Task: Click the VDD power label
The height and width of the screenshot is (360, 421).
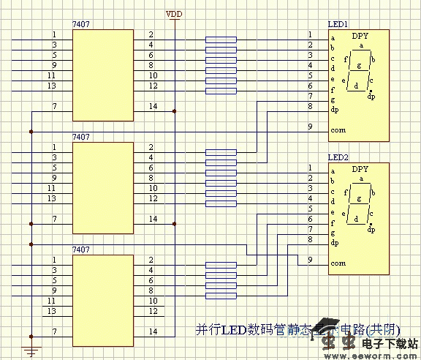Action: pyautogui.click(x=175, y=14)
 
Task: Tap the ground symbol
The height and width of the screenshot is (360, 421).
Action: pyautogui.click(x=30, y=352)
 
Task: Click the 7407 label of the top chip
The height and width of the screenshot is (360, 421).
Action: pyautogui.click(x=80, y=25)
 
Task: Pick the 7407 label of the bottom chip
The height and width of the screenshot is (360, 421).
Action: pyautogui.click(x=80, y=250)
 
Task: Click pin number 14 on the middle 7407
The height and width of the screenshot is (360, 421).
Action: pyautogui.click(x=152, y=219)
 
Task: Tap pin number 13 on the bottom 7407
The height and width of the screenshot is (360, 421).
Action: pyautogui.click(x=52, y=311)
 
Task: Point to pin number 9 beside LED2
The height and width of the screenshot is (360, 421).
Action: pyautogui.click(x=310, y=259)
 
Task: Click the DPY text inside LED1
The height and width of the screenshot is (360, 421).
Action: pyautogui.click(x=360, y=36)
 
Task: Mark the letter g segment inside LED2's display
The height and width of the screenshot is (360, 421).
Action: pyautogui.click(x=360, y=198)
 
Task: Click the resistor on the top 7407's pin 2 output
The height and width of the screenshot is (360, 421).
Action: pyautogui.click(x=221, y=40)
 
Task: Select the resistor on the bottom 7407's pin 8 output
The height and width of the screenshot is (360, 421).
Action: pyautogui.click(x=221, y=296)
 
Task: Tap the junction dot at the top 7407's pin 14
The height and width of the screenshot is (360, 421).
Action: pyautogui.click(x=175, y=111)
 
